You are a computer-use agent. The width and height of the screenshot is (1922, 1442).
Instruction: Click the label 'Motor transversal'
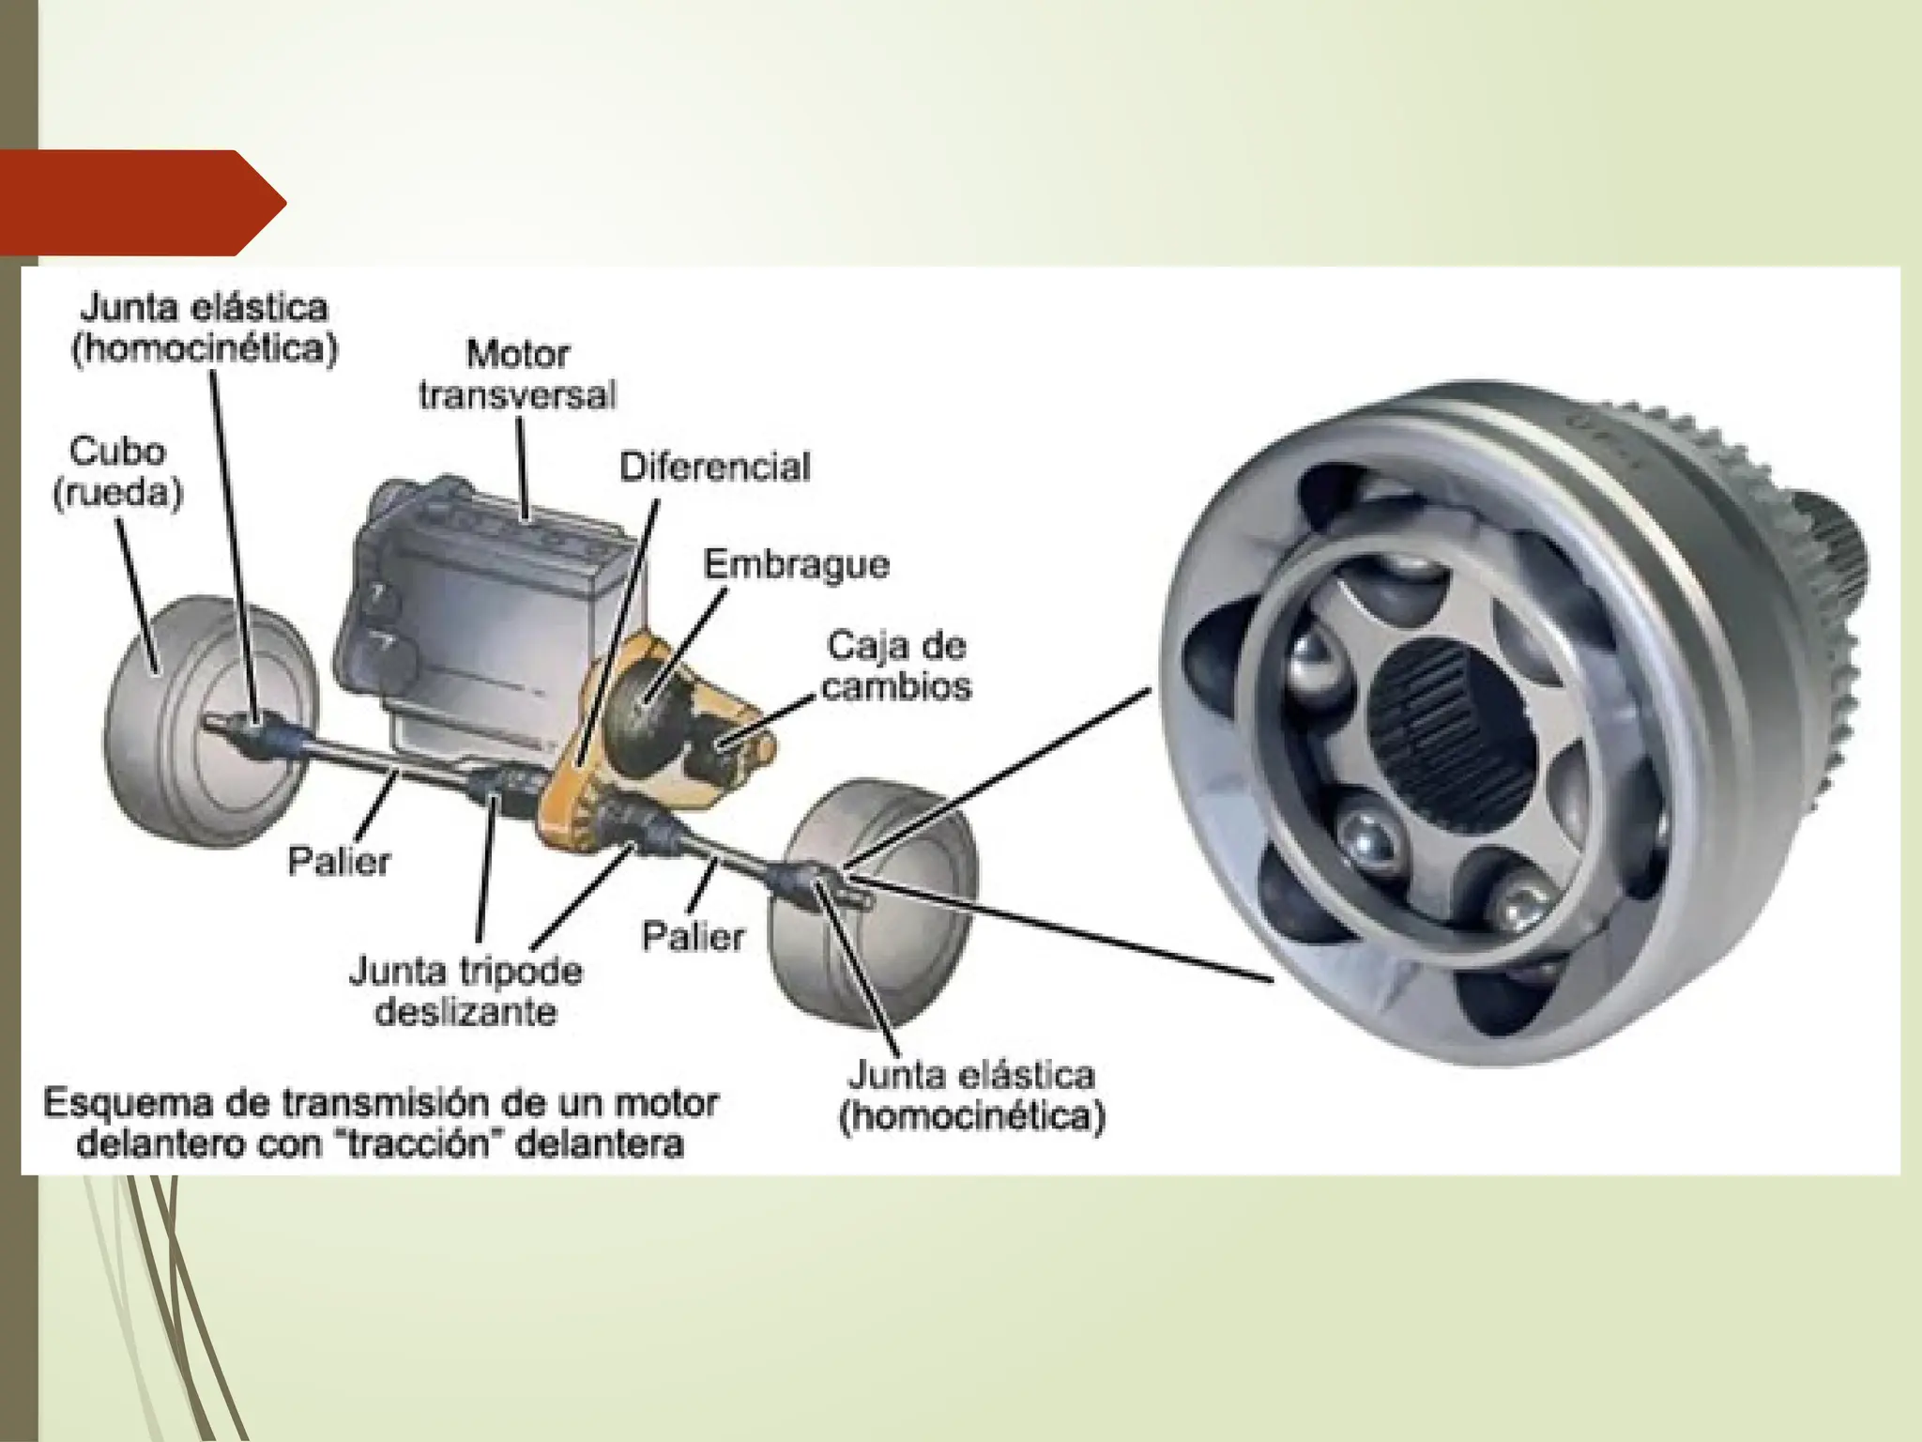point(517,375)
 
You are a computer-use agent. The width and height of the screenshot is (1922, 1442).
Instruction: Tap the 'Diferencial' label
point(715,468)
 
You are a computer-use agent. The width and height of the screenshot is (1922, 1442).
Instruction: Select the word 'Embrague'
point(797,565)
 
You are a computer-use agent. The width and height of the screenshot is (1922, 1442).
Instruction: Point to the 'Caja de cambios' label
point(897,666)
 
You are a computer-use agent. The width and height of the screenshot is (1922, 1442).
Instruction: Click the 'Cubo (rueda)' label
point(117,472)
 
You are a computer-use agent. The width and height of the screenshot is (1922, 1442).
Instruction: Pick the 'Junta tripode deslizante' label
point(465,990)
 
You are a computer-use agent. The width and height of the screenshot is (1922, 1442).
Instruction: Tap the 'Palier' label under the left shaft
point(339,861)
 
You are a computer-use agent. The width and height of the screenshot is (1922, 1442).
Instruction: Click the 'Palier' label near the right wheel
point(693,936)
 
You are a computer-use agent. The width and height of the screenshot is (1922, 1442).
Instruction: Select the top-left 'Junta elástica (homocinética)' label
point(205,328)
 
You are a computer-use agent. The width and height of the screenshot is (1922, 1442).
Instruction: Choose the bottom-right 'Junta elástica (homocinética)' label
point(972,1096)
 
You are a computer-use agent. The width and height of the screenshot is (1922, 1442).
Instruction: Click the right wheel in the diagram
point(873,901)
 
